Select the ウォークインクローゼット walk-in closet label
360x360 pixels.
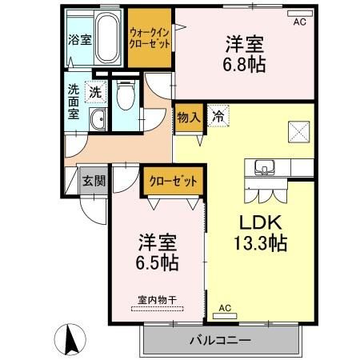click(150, 38)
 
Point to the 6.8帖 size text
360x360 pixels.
click(246, 64)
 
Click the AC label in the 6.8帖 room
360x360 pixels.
click(299, 22)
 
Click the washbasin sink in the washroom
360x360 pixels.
click(98, 120)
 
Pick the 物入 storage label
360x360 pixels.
click(189, 117)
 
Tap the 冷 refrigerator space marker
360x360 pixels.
click(217, 117)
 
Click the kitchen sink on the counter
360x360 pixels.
click(264, 168)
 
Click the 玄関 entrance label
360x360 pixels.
click(94, 181)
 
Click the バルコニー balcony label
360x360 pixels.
click(220, 341)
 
